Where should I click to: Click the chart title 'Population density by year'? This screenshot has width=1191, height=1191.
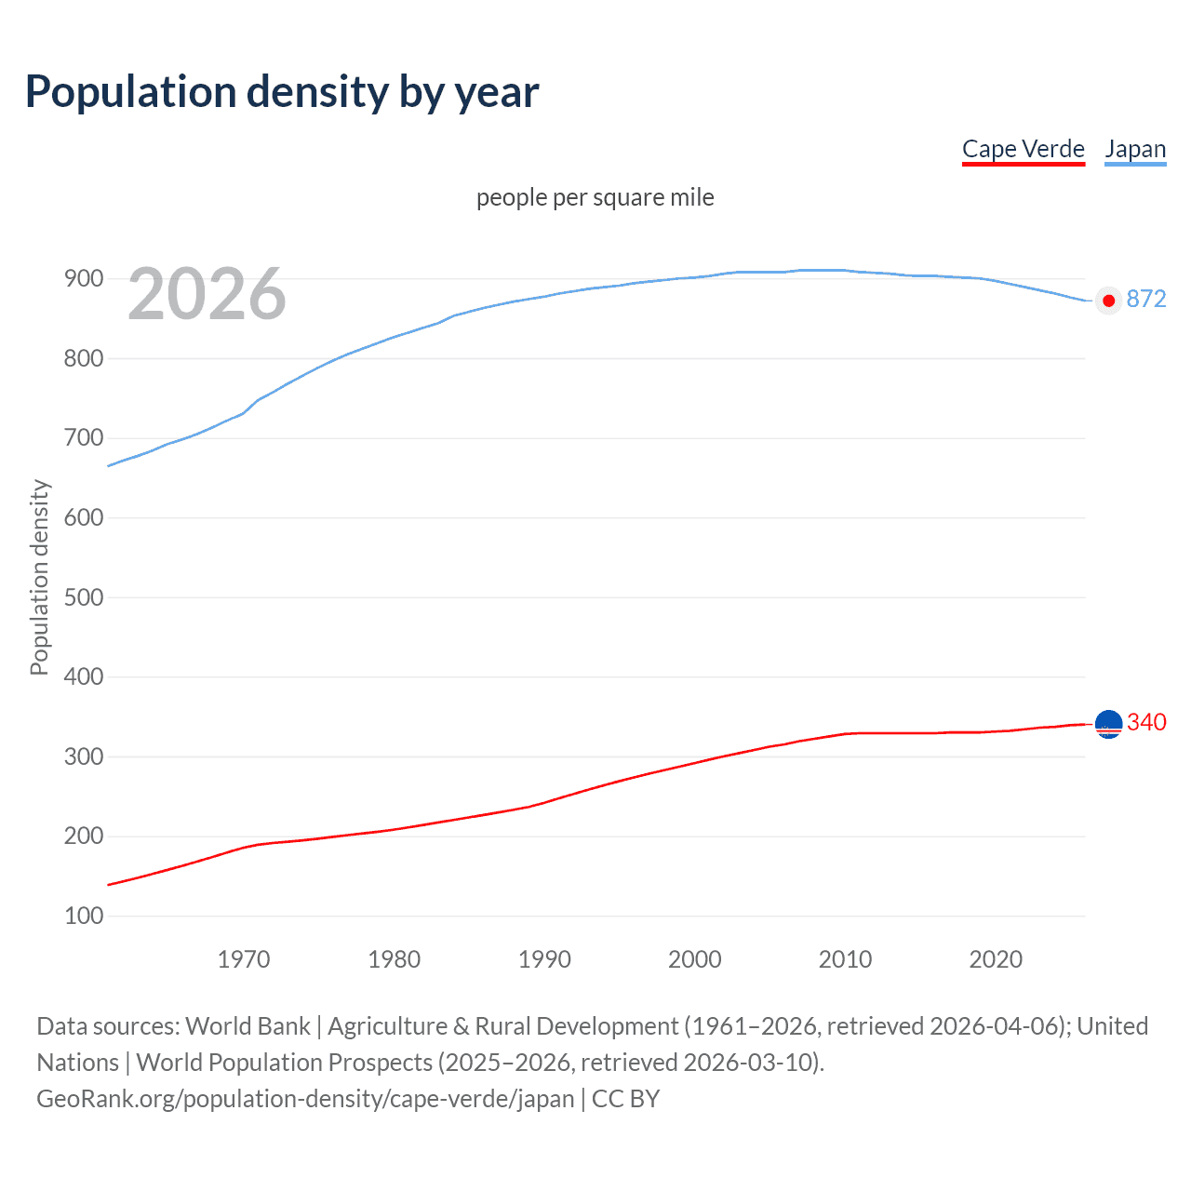[x=282, y=91]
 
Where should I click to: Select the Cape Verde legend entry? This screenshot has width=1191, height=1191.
[x=1023, y=149]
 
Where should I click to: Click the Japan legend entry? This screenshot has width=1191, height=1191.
[x=1135, y=149]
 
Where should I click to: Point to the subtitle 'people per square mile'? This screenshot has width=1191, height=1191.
[x=595, y=197]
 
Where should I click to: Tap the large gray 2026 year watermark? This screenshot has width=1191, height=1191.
[x=207, y=294]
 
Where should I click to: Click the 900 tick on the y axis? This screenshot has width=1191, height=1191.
[x=84, y=278]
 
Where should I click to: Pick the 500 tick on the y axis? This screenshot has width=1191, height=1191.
[x=84, y=597]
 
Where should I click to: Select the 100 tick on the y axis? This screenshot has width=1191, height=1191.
[x=84, y=916]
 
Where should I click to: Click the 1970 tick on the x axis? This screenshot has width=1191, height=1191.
[x=244, y=959]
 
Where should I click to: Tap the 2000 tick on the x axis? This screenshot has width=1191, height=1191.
[x=695, y=959]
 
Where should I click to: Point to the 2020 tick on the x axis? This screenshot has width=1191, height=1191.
[x=996, y=959]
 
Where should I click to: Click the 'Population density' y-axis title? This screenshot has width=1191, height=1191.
[x=39, y=577]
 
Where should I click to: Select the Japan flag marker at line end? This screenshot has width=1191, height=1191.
[x=1107, y=300]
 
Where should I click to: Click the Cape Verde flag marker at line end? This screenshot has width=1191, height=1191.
[x=1108, y=724]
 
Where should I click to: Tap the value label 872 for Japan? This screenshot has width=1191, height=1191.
[x=1146, y=299]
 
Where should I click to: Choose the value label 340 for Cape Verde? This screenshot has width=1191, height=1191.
[x=1146, y=722]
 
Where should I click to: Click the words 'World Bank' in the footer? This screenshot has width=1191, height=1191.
[x=248, y=1025]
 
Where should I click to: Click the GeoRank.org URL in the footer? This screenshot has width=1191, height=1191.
[x=305, y=1098]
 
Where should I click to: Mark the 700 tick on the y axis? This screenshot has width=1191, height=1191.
[x=84, y=437]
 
